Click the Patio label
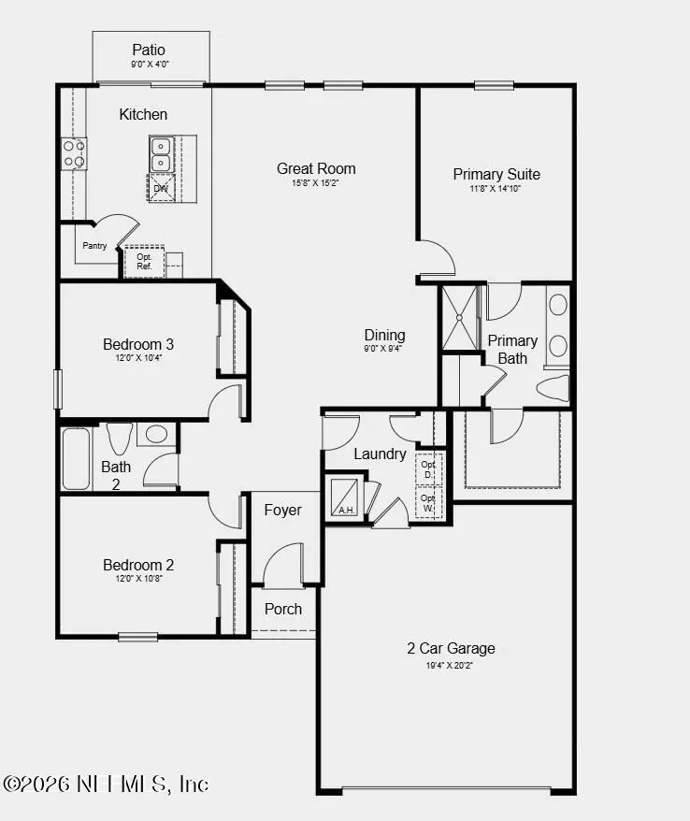pos(148,50)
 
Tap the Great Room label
pos(316,168)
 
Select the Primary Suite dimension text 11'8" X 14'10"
pos(496,189)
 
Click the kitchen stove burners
pos(74,153)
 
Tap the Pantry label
pos(94,246)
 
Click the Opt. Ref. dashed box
pos(145,261)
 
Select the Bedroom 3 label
pos(138,344)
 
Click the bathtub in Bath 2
pos(76,457)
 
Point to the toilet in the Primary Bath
pos(553,387)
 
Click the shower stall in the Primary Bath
pos(459,318)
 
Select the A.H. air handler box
pos(344,497)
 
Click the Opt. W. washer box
pos(429,501)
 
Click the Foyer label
pos(282,510)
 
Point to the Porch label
pos(282,609)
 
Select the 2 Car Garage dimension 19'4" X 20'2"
pos(451,666)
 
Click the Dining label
pos(384,335)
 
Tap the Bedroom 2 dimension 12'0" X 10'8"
pos(138,580)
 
